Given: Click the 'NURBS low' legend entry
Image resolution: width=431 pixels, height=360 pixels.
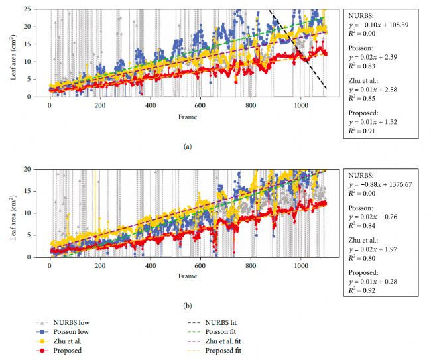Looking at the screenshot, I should (x=66, y=322).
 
